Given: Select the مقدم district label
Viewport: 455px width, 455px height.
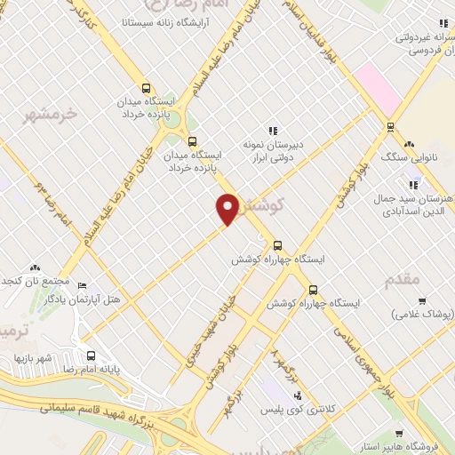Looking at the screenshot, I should (x=403, y=280).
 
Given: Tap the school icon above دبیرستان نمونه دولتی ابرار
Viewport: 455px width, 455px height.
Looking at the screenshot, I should (x=274, y=130).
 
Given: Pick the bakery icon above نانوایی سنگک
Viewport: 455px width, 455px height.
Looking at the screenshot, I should (x=409, y=144).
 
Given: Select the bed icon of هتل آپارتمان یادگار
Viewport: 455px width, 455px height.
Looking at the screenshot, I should (x=83, y=285).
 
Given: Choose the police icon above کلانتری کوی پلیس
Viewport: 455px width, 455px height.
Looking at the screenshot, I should (x=298, y=395).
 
